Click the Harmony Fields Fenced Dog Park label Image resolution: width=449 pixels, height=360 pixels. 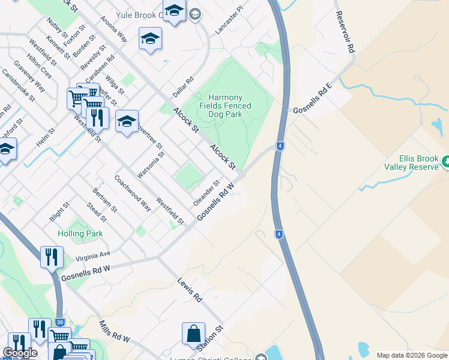click(x=225, y=106)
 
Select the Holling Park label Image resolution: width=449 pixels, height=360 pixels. click(x=80, y=233)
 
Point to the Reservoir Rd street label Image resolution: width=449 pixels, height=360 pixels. click(x=345, y=34)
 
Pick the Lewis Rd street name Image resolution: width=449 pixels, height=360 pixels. click(x=189, y=289)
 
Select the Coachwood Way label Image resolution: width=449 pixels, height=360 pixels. click(x=133, y=193)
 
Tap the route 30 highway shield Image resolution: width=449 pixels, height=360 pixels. click(x=59, y=322)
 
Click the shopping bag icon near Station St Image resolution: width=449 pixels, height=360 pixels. click(x=193, y=334)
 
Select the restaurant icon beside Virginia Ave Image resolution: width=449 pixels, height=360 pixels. click(x=52, y=257)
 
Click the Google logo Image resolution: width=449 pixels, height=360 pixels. click(x=20, y=353)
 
